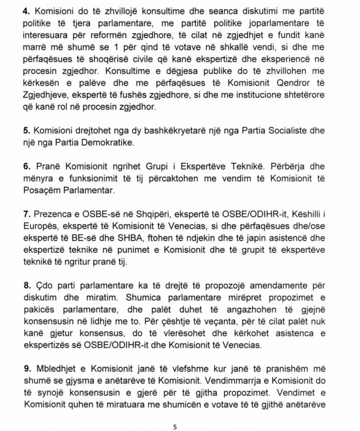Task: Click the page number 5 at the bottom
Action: (175, 427)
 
